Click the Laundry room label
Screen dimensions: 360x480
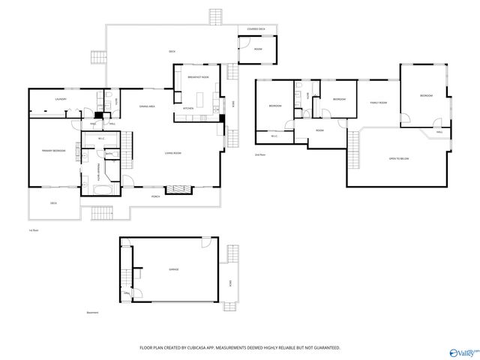point(60,99)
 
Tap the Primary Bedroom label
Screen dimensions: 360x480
point(53,151)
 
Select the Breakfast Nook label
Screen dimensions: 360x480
point(198,76)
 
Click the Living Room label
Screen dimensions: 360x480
point(173,154)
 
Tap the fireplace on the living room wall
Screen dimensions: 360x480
point(178,189)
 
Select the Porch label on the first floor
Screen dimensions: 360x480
point(155,196)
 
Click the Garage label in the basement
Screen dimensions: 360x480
point(174,268)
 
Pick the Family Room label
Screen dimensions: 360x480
point(377,103)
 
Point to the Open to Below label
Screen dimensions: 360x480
point(398,159)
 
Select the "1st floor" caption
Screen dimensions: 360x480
point(33,229)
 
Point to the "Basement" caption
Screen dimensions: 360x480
point(92,313)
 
